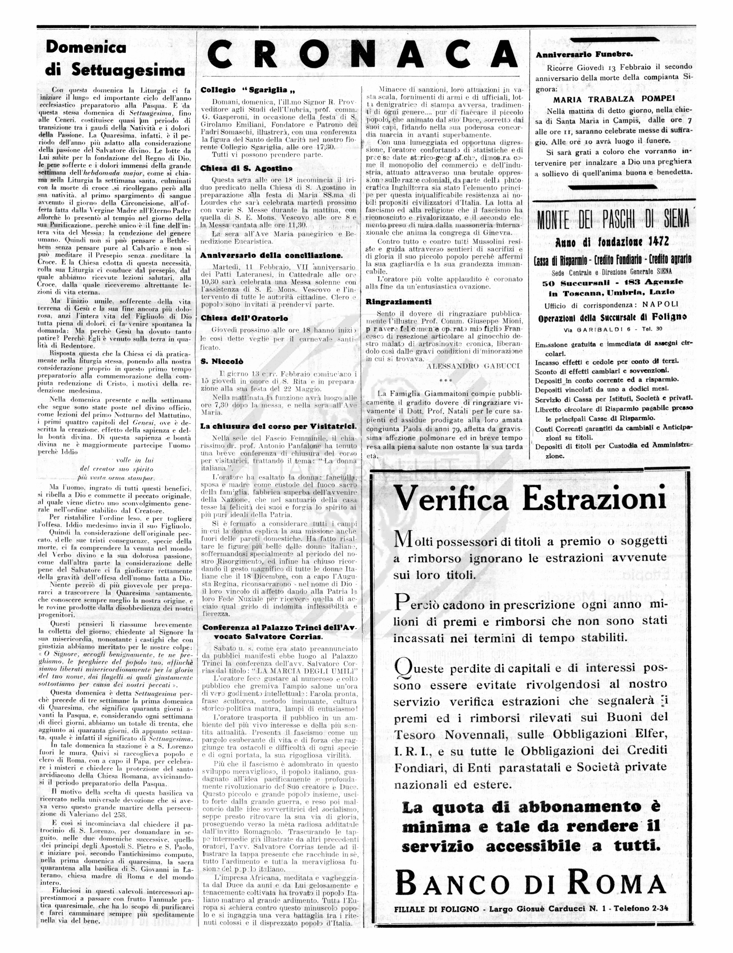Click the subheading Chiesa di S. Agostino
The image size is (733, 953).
(x=246, y=168)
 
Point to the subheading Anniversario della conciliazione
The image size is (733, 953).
(x=271, y=255)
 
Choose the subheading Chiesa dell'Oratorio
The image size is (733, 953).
(x=244, y=318)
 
